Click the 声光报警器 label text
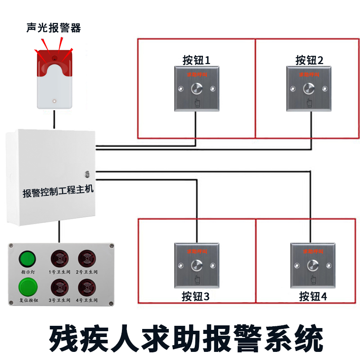(54, 28)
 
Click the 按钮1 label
(196, 60)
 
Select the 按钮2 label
(309, 60)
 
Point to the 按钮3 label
(196, 297)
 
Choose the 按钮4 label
(313, 297)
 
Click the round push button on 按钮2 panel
(309, 89)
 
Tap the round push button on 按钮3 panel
(197, 265)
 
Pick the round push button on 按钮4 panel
(313, 265)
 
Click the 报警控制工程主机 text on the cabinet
(58, 192)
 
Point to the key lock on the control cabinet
(87, 173)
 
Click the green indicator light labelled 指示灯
(27, 259)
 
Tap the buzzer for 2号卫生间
(86, 259)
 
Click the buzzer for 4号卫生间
(86, 287)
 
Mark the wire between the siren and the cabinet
(54, 119)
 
